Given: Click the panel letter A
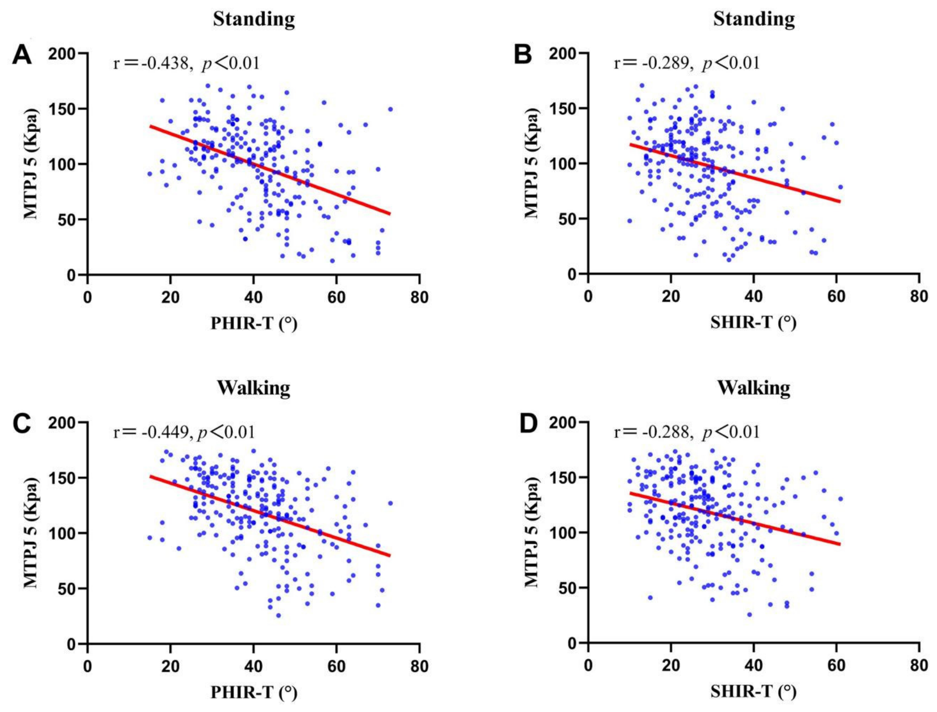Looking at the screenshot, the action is click(x=22, y=55).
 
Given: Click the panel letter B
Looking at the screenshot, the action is click(x=522, y=54).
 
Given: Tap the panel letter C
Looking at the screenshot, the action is click(x=22, y=423).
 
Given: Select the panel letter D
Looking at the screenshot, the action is click(x=528, y=423).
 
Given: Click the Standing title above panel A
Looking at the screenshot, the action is click(x=254, y=19).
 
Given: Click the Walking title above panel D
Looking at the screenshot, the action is click(x=753, y=388).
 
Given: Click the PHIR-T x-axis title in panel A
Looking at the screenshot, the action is click(x=254, y=323).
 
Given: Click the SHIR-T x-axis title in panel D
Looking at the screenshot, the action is click(x=753, y=691).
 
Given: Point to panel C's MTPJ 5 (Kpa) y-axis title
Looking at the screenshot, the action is click(x=31, y=533).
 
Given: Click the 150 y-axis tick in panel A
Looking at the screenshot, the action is click(x=62, y=109).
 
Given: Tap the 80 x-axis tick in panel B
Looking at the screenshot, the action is click(x=919, y=296).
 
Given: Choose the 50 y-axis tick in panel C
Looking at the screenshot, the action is click(x=66, y=589).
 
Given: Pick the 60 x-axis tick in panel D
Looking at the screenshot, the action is click(x=836, y=665).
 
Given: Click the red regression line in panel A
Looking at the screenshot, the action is click(x=270, y=170).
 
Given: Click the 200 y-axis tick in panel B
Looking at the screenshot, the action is click(x=562, y=53).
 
